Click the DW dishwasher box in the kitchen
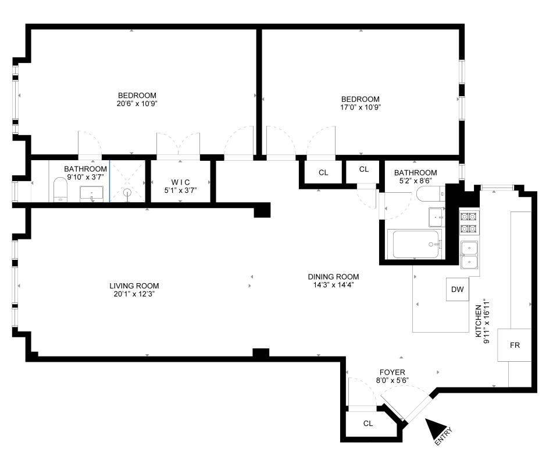[x=458, y=290]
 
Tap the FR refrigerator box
[x=514, y=345]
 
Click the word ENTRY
[x=443, y=436]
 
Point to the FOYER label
[x=392, y=372]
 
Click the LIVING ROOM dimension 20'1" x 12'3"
[x=134, y=294]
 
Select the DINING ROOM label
[x=333, y=277]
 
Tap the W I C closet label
[x=180, y=182]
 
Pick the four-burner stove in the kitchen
[x=469, y=223]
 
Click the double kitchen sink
[x=469, y=255]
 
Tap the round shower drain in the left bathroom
[x=127, y=193]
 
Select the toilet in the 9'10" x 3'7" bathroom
[x=60, y=189]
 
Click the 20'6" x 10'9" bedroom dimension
[x=137, y=104]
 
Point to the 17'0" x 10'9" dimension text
[x=361, y=107]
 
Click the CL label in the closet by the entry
[x=368, y=424]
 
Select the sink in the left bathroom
[x=92, y=193]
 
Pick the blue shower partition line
[x=109, y=181]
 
